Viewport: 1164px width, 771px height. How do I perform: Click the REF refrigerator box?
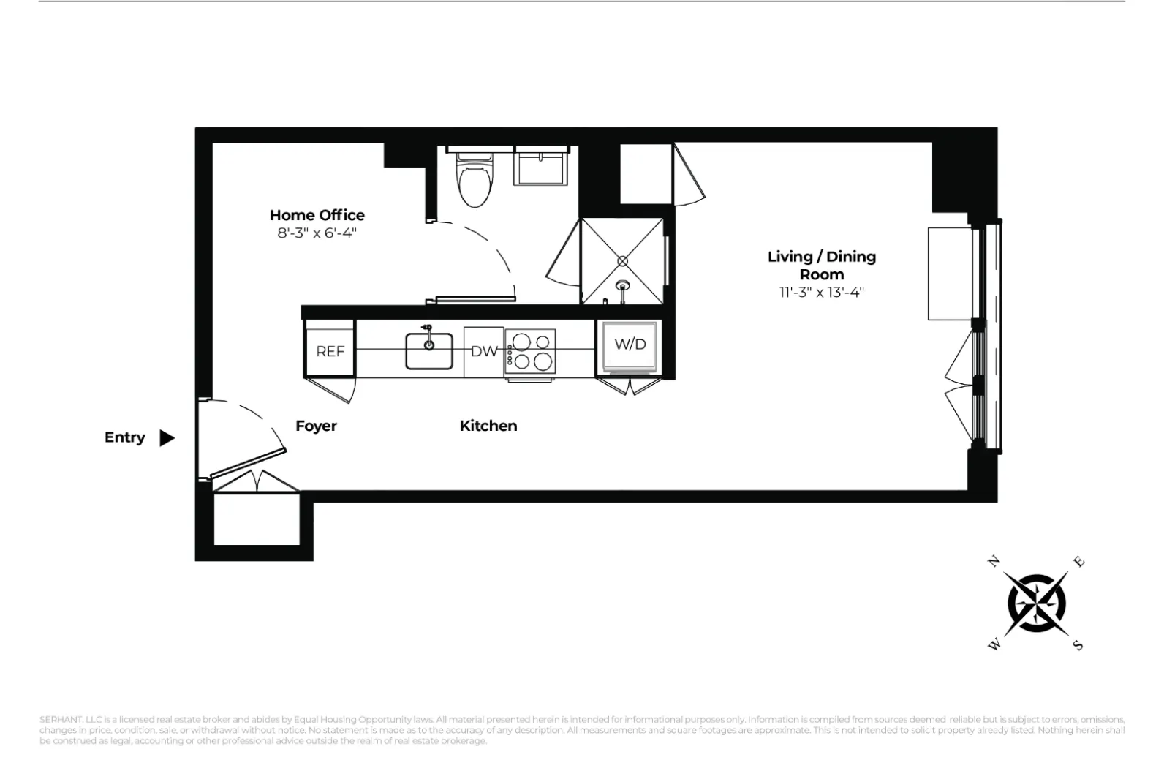[x=330, y=350]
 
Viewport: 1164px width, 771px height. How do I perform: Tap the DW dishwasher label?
[x=483, y=351]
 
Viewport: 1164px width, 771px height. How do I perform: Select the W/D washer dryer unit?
[x=630, y=345]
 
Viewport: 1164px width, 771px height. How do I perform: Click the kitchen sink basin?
[x=429, y=350]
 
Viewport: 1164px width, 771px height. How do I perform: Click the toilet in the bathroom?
[x=474, y=183]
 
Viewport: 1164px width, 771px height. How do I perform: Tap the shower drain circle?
[x=623, y=260]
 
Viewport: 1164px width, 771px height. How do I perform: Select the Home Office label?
[x=317, y=215]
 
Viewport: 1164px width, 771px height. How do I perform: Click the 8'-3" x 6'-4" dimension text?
[x=317, y=233]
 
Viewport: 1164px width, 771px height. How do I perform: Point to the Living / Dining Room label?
[x=821, y=265]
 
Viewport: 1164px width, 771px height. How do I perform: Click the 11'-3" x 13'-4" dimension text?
[x=821, y=293]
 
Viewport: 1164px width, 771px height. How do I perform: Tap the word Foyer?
[x=316, y=426]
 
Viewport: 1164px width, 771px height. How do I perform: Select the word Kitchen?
[x=488, y=426]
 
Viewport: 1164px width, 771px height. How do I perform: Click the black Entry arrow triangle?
[x=167, y=437]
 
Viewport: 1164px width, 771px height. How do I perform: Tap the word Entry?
[x=124, y=437]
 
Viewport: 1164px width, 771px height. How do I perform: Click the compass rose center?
[x=1036, y=603]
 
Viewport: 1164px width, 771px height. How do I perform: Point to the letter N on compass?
[x=994, y=562]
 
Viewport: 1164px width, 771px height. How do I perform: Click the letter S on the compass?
[x=1078, y=645]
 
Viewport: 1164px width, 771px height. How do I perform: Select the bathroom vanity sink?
[x=541, y=167]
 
